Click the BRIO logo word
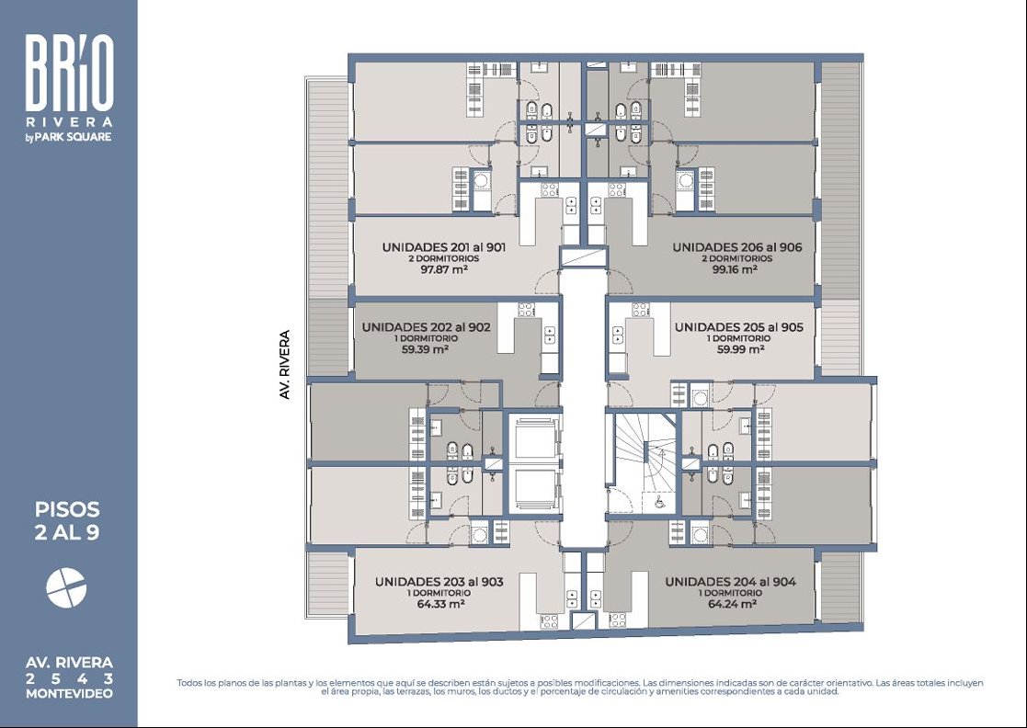tap(70, 72)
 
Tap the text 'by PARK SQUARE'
tap(69, 137)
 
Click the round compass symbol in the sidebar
tap(66, 587)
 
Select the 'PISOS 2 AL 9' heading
tap(67, 520)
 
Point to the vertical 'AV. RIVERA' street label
tap(284, 365)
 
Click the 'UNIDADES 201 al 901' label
tap(444, 247)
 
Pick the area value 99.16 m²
tap(735, 268)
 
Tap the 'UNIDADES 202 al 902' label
tap(426, 327)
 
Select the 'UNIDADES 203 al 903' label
tap(439, 582)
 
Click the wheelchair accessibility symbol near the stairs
tap(660, 502)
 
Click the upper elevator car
tap(535, 440)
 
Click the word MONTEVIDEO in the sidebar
tap(69, 694)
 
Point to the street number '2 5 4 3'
tap(69, 679)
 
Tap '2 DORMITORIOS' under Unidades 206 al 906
tap(736, 258)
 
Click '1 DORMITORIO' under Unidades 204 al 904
tap(731, 593)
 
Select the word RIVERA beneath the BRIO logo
tap(69, 121)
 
